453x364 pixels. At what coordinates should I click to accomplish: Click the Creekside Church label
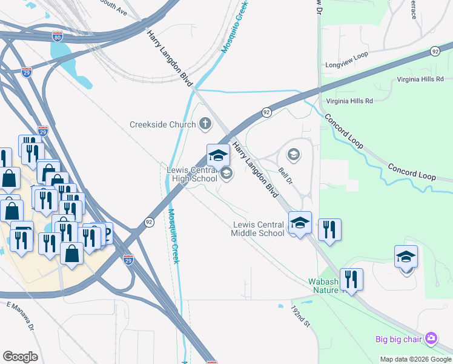162,125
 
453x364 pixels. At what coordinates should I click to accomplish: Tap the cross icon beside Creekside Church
205,124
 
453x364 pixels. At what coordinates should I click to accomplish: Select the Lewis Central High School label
191,174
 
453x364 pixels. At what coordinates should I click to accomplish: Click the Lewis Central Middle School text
259,229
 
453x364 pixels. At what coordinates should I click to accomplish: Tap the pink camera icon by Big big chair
431,337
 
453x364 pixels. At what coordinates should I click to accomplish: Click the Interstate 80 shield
57,36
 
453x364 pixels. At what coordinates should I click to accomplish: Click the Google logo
20,356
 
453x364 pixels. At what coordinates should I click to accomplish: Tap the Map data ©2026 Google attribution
415,359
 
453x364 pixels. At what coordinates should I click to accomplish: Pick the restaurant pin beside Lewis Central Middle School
329,229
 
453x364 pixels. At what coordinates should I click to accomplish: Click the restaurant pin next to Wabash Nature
351,278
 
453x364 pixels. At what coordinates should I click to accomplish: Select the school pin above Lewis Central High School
218,156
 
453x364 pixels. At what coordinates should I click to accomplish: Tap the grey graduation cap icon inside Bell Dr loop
294,154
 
